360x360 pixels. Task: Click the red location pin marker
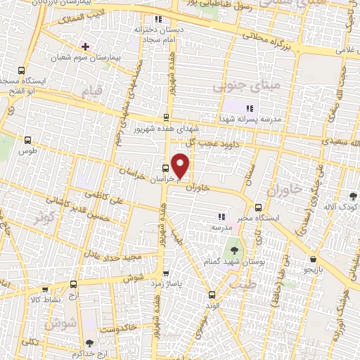(x=181, y=165)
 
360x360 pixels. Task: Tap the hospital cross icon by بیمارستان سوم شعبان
(x=86, y=46)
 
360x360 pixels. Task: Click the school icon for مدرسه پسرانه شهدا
(x=248, y=108)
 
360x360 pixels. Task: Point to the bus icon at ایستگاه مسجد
(x=21, y=71)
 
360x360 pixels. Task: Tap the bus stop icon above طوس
(x=28, y=141)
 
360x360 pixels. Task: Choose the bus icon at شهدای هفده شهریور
(x=166, y=118)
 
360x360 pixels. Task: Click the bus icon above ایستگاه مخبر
(x=258, y=207)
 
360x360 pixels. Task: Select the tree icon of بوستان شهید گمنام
(x=233, y=250)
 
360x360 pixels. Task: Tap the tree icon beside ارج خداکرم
(x=89, y=344)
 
